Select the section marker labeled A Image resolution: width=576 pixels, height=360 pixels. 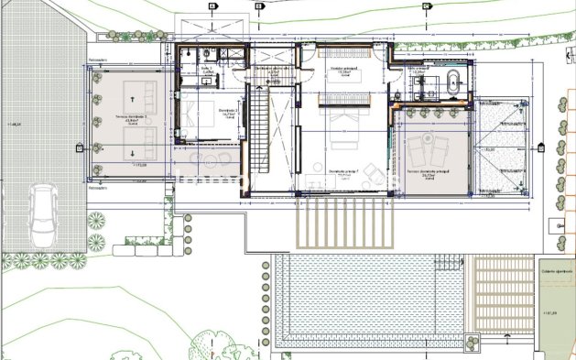[x=212, y=5]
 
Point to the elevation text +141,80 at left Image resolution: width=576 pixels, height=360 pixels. [x=14, y=124]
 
